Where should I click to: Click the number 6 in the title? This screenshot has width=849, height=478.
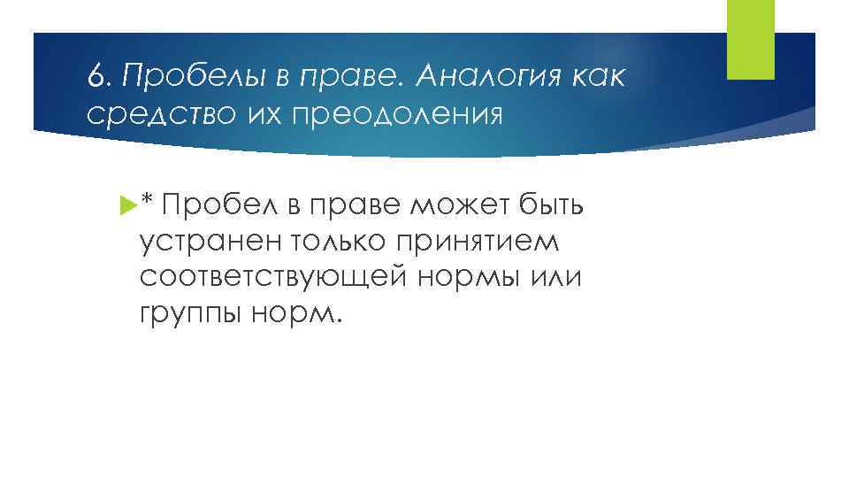[x=95, y=78]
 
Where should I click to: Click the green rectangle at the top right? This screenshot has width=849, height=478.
[x=749, y=39]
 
